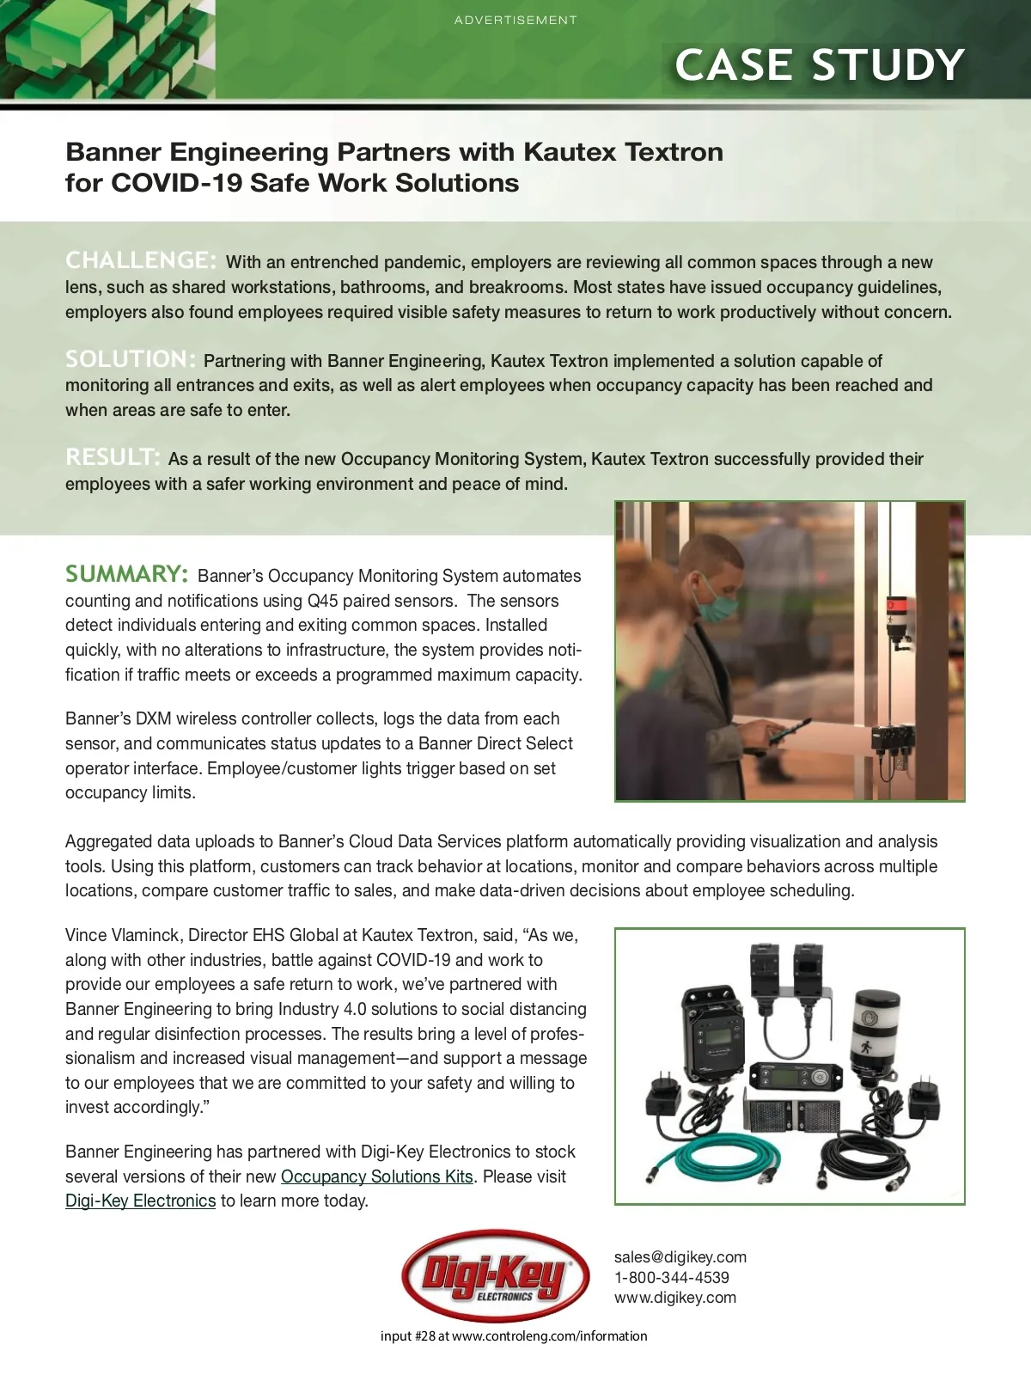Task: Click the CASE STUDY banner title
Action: [819, 65]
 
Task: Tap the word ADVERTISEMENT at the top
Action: [515, 20]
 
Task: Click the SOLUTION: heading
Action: [131, 358]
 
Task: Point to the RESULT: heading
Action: [113, 456]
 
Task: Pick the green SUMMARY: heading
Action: [126, 574]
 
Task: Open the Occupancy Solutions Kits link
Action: [376, 1176]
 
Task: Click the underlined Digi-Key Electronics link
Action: [140, 1201]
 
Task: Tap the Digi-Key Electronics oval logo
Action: [495, 1276]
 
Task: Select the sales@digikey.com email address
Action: [680, 1256]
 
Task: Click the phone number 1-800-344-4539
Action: [671, 1278]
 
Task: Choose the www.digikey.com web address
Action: [674, 1298]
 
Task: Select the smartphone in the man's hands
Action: [784, 736]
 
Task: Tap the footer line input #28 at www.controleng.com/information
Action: [514, 1335]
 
